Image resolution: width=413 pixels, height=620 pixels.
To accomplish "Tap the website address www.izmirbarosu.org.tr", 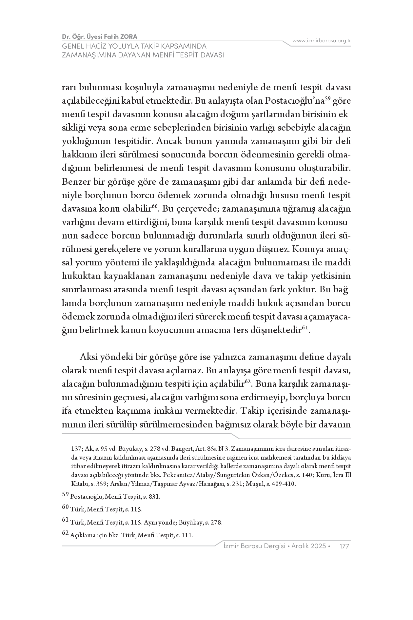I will click(322, 41).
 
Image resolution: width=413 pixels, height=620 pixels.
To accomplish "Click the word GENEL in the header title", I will click(71, 46).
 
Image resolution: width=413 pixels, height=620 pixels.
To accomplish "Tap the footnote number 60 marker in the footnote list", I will click(65, 507).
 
